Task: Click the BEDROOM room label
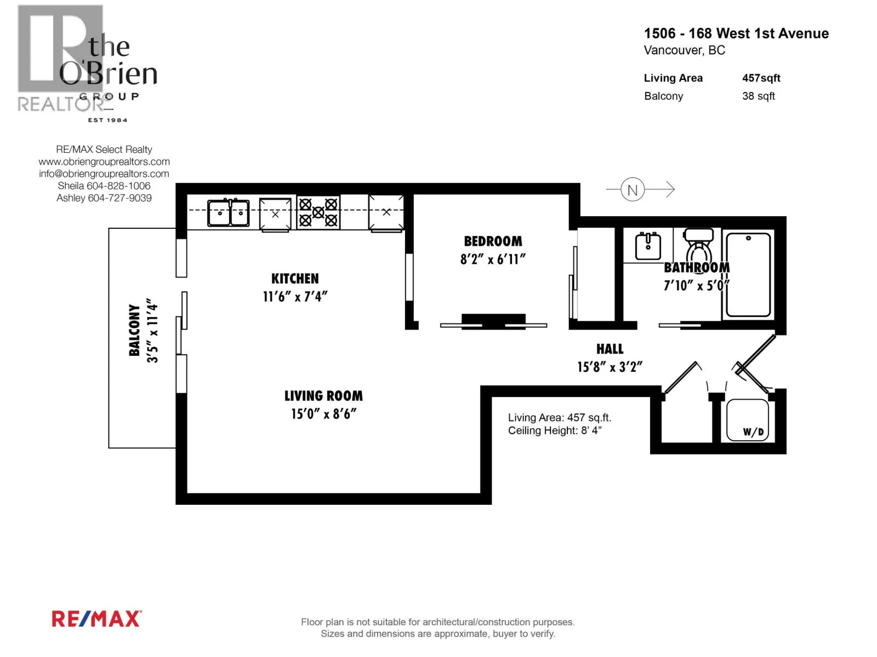(493, 241)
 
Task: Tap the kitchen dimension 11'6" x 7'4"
(295, 296)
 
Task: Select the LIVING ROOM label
(323, 396)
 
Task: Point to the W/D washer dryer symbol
(747, 420)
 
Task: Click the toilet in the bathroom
(698, 247)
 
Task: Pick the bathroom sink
(648, 246)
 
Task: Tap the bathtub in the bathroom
(748, 275)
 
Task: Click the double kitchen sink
(228, 213)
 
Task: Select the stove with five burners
(318, 212)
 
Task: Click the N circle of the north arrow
(633, 189)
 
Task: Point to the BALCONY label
(134, 330)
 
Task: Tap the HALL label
(610, 349)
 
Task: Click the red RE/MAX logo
(96, 619)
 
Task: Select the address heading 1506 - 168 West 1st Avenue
(736, 33)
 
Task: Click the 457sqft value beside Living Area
(761, 78)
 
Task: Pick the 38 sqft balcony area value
(759, 96)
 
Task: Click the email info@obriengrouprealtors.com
(104, 174)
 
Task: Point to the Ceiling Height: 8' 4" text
(555, 431)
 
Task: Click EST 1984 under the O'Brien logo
(107, 120)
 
